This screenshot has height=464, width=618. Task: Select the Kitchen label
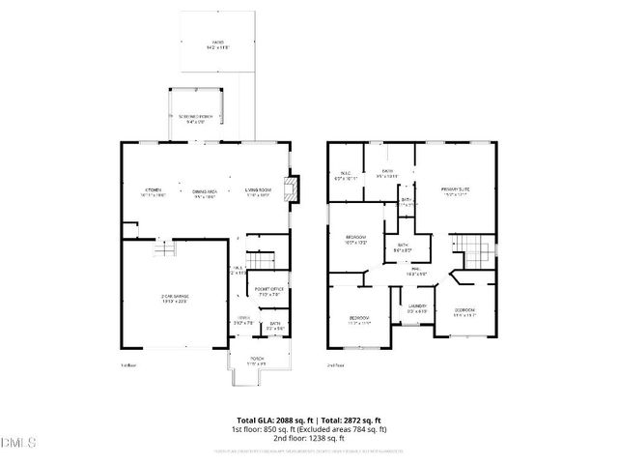[153, 191]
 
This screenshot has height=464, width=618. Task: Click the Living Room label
[256, 192]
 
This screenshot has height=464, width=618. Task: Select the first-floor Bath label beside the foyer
[274, 327]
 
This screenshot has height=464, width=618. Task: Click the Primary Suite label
[456, 191]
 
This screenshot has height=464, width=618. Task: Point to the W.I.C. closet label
[346, 177]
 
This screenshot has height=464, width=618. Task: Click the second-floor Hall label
[416, 273]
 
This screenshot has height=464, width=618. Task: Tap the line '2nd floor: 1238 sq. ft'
[308, 438]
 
